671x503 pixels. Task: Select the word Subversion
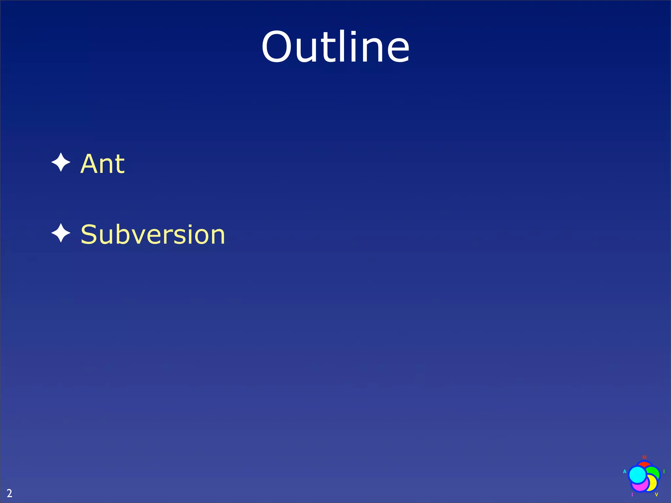pyautogui.click(x=153, y=234)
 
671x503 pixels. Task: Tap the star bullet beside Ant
pyautogui.click(x=61, y=162)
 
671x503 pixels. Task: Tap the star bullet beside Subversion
pyautogui.click(x=61, y=233)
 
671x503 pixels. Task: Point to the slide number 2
pyautogui.click(x=10, y=493)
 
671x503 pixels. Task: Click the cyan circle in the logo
pyautogui.click(x=638, y=475)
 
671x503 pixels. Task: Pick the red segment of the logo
pyautogui.click(x=644, y=465)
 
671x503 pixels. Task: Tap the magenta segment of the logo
pyautogui.click(x=641, y=487)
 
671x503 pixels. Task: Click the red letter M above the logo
pyautogui.click(x=644, y=457)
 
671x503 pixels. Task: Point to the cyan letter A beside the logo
pyautogui.click(x=625, y=472)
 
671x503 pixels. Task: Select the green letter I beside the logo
pyautogui.click(x=664, y=472)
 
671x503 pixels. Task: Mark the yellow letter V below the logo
pyautogui.click(x=657, y=494)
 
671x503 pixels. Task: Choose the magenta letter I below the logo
pyautogui.click(x=632, y=494)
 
